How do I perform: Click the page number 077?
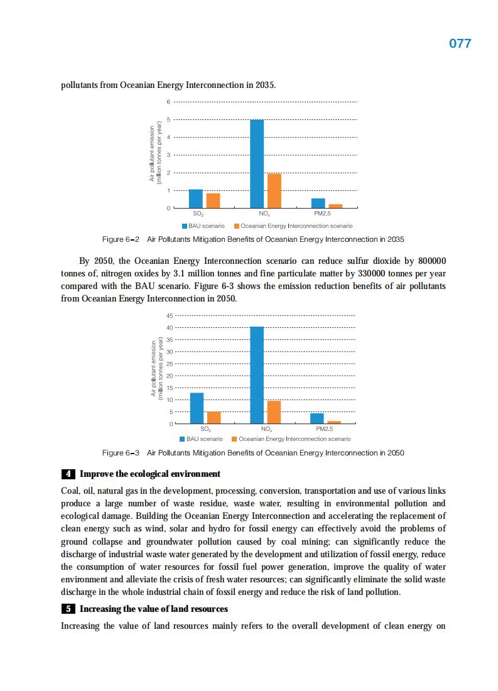(x=460, y=44)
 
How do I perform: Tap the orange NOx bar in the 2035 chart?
(x=274, y=190)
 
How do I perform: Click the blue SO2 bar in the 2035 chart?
(x=196, y=199)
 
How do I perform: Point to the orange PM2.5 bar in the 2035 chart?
(x=335, y=205)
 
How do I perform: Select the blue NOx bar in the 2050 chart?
(x=257, y=375)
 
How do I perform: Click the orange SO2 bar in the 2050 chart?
(x=214, y=418)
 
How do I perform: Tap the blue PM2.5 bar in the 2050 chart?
(x=317, y=418)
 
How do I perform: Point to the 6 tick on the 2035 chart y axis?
(x=168, y=102)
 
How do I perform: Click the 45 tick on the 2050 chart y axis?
(x=168, y=315)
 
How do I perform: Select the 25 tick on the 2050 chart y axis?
(x=168, y=364)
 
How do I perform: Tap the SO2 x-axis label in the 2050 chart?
(x=205, y=429)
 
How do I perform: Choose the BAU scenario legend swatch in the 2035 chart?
(x=185, y=226)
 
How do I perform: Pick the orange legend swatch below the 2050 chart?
(x=234, y=439)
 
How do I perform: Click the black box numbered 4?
(x=67, y=474)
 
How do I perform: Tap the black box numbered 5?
(x=67, y=609)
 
